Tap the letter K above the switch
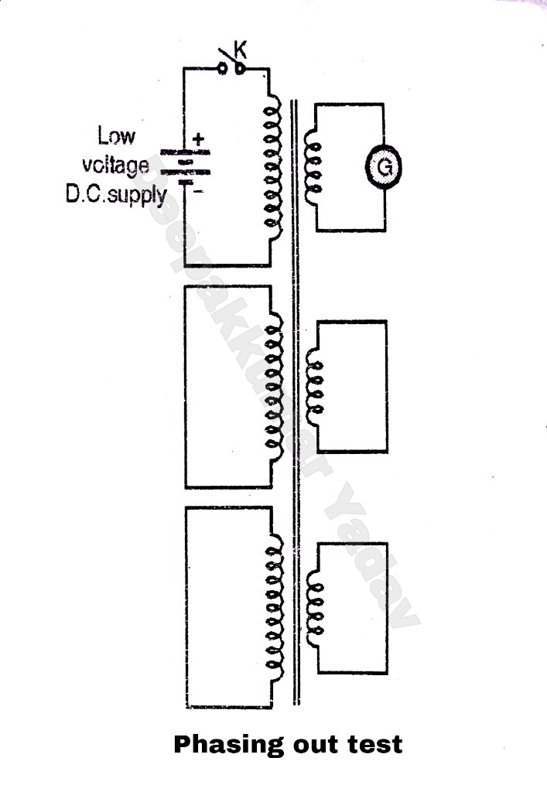(240, 53)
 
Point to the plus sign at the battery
(198, 139)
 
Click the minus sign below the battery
(198, 191)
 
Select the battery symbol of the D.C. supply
(184, 166)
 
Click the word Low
(116, 137)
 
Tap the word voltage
(115, 165)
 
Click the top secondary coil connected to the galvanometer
(314, 166)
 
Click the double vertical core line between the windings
(295, 402)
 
